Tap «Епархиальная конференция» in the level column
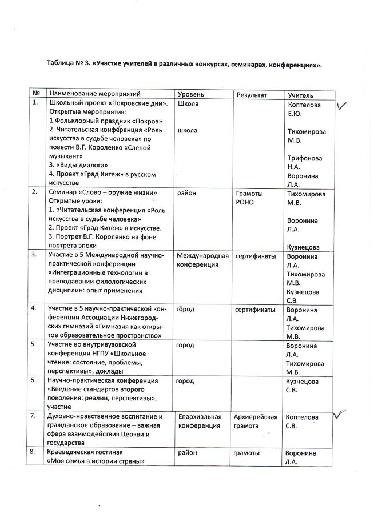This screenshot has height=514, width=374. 198,421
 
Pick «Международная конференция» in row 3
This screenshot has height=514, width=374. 202,260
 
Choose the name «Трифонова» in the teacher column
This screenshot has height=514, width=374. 304,158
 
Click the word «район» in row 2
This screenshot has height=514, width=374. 188,193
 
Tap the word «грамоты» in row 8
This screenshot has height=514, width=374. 247,453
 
